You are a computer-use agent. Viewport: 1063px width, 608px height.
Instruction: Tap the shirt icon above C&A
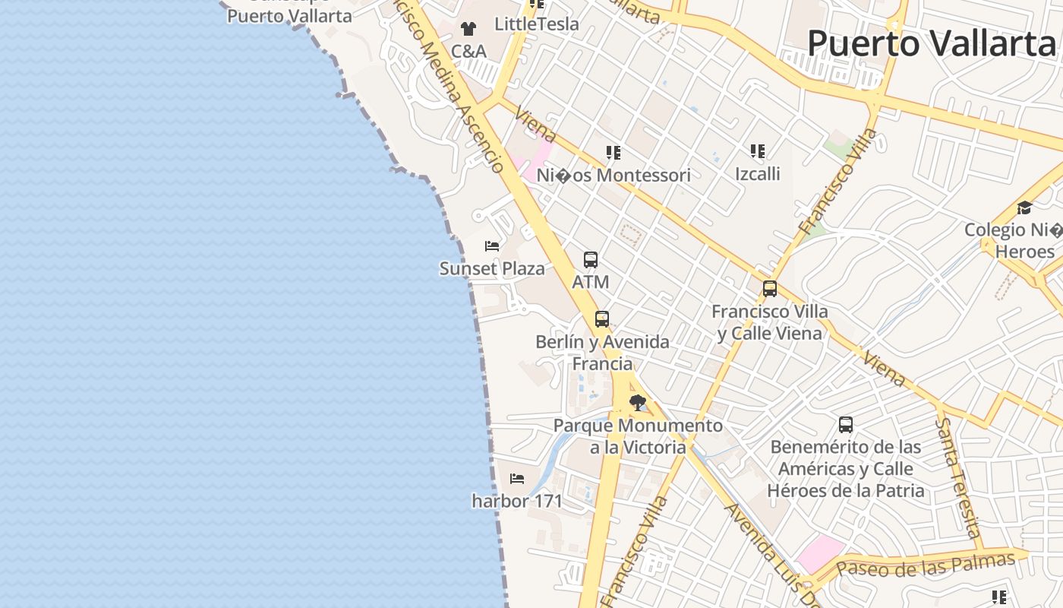468,29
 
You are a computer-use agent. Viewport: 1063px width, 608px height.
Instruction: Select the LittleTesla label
536,24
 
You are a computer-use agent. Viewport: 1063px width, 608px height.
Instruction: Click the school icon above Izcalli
758,151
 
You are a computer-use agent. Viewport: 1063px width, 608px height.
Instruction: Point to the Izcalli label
757,173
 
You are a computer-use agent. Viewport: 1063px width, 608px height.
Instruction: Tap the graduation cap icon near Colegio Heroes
1024,208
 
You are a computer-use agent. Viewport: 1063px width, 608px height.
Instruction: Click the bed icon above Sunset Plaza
492,246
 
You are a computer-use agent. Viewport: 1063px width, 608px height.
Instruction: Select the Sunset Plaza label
492,268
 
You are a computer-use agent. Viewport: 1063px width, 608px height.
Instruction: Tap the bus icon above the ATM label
591,260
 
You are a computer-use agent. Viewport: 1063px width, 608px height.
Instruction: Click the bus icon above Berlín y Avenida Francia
602,319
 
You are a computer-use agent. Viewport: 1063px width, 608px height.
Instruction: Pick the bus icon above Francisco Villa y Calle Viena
770,289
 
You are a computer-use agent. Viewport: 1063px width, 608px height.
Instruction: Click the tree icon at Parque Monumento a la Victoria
638,403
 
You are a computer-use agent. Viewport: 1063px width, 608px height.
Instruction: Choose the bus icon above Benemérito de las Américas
846,424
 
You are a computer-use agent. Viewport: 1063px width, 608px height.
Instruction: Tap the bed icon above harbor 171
517,479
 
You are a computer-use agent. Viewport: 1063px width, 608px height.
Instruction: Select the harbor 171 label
517,501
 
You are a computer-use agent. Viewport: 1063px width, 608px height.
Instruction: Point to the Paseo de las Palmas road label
925,565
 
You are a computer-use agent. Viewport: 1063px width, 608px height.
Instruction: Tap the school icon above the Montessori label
614,153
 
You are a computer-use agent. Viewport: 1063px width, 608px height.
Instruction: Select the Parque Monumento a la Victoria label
638,436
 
